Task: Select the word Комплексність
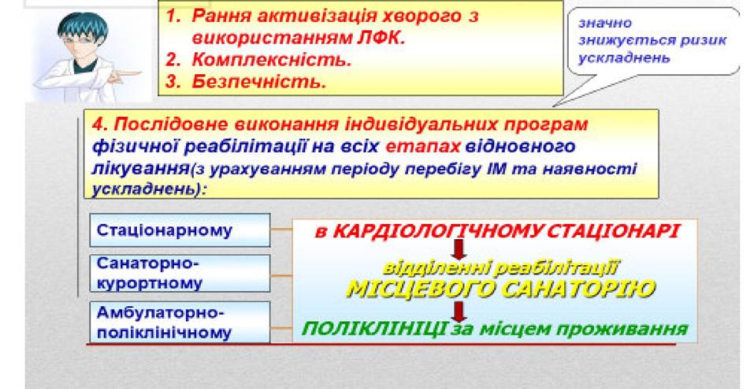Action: pos(272,59)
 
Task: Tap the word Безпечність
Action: pos(258,81)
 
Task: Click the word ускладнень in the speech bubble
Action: pos(624,58)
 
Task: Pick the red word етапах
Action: pos(423,147)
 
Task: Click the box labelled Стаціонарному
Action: pos(180,230)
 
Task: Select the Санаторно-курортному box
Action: pos(180,273)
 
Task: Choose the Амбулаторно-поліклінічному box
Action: pos(180,322)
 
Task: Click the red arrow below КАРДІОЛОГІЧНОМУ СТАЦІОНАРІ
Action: pos(459,249)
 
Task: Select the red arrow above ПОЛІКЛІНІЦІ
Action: pos(459,311)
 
